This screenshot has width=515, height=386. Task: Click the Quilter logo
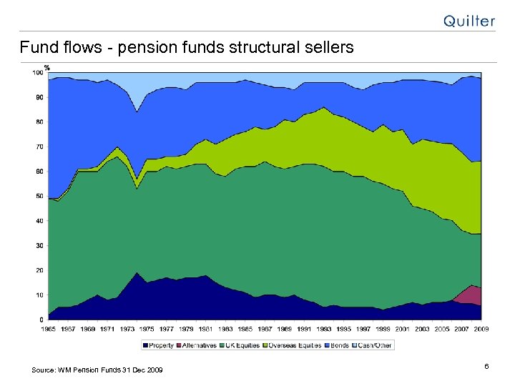coord(469,21)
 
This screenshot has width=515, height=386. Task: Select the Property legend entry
coord(160,345)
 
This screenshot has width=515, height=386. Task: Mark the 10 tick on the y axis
coord(39,295)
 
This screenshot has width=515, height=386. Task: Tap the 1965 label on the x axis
coord(48,329)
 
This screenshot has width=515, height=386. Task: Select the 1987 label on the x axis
coord(264,329)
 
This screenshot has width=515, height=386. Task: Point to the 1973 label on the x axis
coord(127,329)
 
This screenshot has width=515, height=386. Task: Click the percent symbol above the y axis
coord(46,67)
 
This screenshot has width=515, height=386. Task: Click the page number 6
coord(486,367)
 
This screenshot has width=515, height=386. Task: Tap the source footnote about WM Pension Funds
coord(97,370)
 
